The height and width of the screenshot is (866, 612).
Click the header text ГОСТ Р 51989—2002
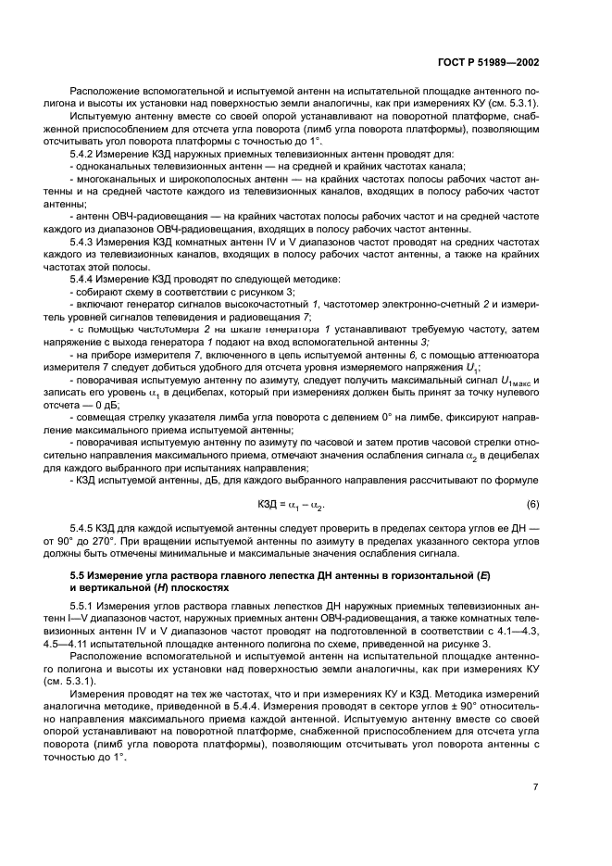point(487,63)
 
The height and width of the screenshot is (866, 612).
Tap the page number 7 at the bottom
point(536,786)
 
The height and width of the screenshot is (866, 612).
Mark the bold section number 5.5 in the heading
point(78,578)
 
